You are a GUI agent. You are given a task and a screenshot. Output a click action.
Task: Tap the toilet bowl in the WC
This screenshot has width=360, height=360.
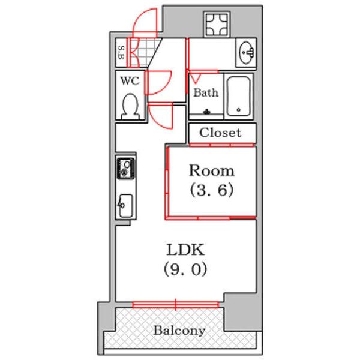point(130,107)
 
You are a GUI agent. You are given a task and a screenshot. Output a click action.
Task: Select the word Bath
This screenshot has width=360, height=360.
point(205,94)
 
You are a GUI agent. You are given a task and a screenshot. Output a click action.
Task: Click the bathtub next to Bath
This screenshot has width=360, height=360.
point(239,96)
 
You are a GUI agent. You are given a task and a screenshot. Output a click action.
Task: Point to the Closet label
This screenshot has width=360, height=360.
point(220,133)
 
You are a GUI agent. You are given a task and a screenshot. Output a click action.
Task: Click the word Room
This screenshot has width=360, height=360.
point(212,171)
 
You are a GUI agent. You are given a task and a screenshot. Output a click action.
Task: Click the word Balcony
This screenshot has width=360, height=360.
point(179,331)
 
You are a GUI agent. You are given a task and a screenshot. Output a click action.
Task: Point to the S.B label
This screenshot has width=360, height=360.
point(121,53)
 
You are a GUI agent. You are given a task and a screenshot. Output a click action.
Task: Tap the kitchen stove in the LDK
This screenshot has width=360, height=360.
point(125,169)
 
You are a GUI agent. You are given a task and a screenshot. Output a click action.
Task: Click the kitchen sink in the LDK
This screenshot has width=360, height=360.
point(125,207)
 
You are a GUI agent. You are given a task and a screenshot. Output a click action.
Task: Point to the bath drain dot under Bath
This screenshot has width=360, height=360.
point(206,112)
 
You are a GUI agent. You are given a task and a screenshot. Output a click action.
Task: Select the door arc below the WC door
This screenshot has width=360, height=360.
point(161,116)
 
